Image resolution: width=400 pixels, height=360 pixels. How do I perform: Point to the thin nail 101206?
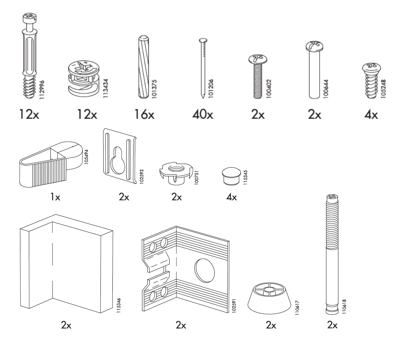click(x=203, y=68)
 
